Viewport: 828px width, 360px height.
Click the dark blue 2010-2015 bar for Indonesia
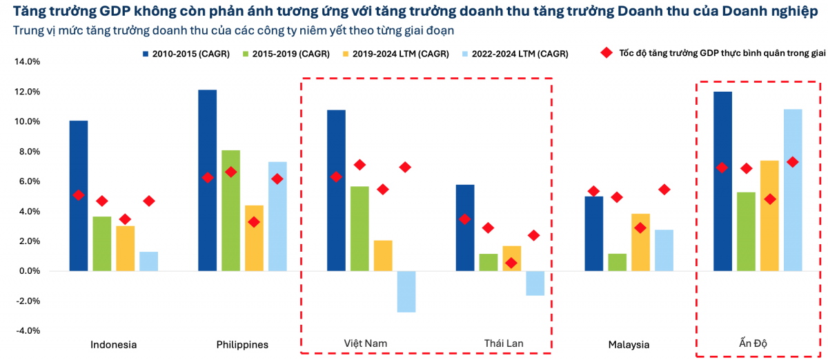(x=79, y=196)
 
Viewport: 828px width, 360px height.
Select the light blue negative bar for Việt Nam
(x=406, y=291)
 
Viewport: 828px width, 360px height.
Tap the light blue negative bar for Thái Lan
(x=535, y=283)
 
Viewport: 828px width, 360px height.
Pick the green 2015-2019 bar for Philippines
(x=230, y=210)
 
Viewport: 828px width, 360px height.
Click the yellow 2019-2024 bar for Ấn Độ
(x=769, y=215)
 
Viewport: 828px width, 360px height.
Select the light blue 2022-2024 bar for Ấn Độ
(x=793, y=190)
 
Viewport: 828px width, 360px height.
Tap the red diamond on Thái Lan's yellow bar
(x=511, y=263)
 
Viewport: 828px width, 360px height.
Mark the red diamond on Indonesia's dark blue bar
(x=79, y=195)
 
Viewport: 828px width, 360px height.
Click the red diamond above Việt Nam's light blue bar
(x=406, y=167)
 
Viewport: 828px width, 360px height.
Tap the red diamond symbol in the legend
(x=607, y=53)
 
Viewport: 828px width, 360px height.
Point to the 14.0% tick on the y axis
(x=27, y=61)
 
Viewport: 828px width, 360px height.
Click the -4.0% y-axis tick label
(x=27, y=330)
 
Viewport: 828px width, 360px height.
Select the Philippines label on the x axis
(x=241, y=344)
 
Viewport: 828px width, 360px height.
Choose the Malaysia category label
(x=629, y=344)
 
